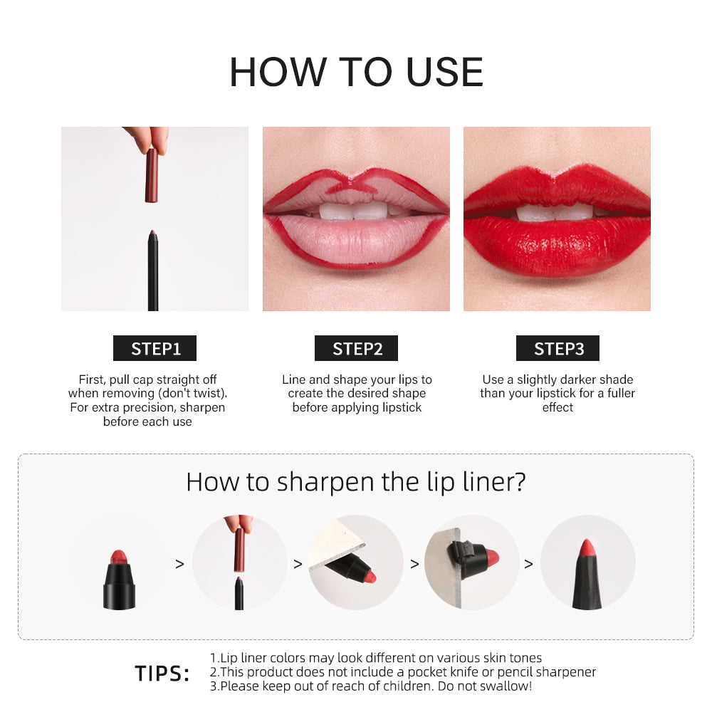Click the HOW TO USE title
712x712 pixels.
[x=356, y=71]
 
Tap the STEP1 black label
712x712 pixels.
[x=155, y=348]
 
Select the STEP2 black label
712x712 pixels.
[x=356, y=348]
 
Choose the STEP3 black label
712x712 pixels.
[x=557, y=348]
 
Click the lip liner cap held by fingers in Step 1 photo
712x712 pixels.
[x=151, y=174]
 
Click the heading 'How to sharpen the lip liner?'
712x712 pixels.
[x=356, y=482]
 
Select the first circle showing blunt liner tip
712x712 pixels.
[x=119, y=562]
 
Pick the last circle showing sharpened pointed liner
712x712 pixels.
[x=587, y=562]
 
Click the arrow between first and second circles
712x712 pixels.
[x=179, y=564]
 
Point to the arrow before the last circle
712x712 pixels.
[x=528, y=564]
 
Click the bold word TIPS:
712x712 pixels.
[x=162, y=674]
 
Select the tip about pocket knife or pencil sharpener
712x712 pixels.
[x=403, y=672]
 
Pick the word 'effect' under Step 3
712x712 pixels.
[x=557, y=407]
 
